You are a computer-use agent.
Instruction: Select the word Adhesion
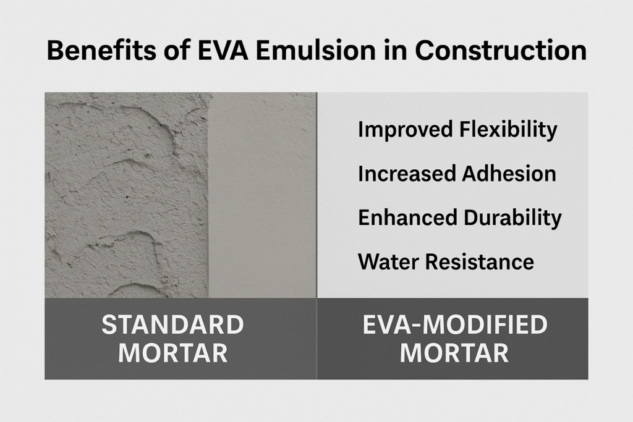pos(509,174)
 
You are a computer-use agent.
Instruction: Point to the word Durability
pos(512,217)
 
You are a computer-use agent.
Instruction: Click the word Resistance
pos(476,261)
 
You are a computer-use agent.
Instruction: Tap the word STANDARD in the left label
pos(172,324)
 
